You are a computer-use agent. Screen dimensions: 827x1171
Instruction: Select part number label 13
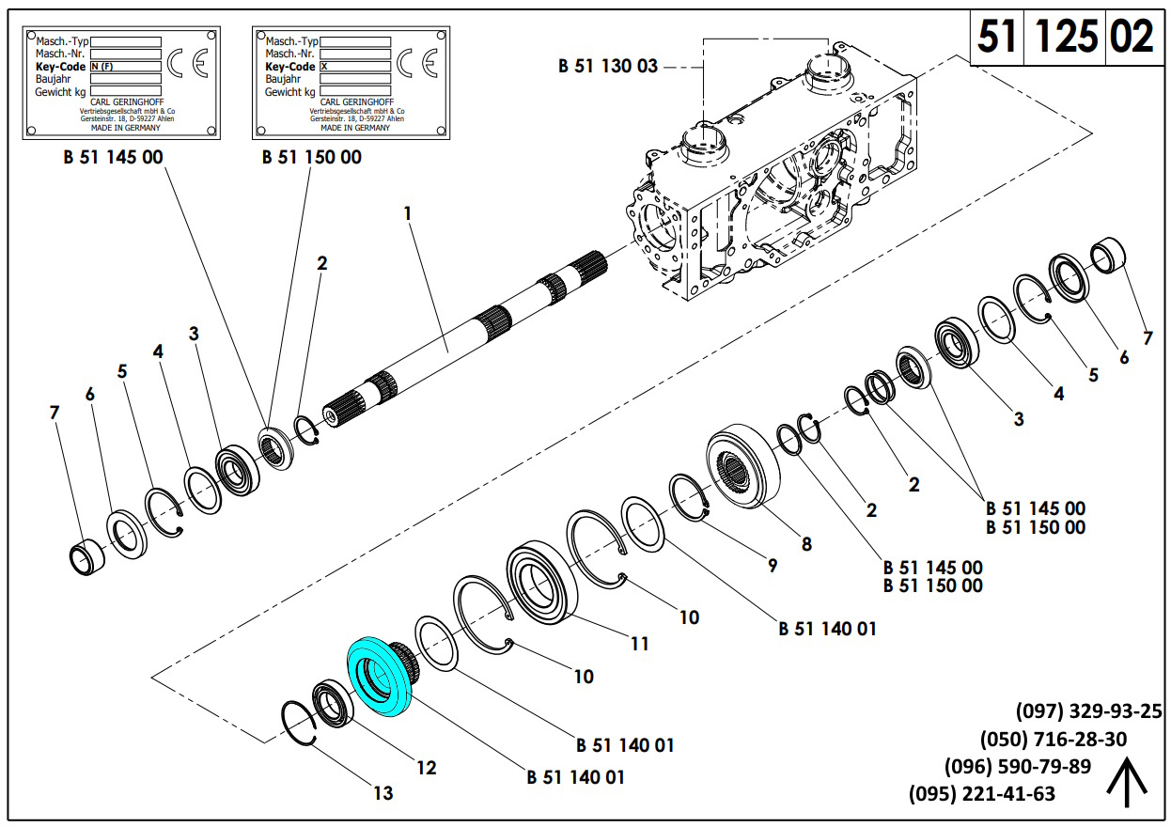[383, 793]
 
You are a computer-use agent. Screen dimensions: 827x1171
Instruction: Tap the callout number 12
[426, 768]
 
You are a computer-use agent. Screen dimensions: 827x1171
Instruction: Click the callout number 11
[639, 644]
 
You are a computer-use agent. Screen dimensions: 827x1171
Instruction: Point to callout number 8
[805, 543]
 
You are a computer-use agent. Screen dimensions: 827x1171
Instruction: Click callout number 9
[772, 566]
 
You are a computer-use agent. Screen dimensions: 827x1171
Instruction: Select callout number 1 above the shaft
[408, 213]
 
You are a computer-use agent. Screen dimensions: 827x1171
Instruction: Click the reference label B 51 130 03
[608, 66]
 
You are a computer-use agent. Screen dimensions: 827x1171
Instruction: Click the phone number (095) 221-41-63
[981, 794]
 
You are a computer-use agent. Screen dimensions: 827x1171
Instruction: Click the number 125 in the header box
[1066, 37]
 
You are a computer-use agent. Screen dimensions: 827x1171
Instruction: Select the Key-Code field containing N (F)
[125, 67]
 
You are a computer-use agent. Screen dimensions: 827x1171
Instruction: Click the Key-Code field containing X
[354, 67]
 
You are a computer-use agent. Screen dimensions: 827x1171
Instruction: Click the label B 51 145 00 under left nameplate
[113, 157]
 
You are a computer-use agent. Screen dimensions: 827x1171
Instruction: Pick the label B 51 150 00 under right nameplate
[311, 157]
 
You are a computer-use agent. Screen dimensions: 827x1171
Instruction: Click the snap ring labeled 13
[300, 724]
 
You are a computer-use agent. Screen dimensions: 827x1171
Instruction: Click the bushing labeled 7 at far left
[87, 557]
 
